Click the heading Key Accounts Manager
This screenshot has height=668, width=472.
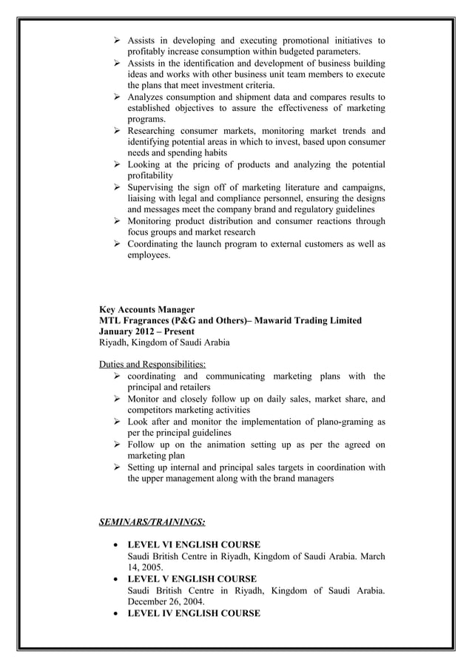[x=146, y=309]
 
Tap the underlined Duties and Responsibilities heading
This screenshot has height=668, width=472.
[x=153, y=365]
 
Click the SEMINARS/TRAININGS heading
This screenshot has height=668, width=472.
[x=152, y=523]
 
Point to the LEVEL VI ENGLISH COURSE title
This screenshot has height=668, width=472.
[x=194, y=545]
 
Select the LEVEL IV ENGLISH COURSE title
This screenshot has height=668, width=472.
[x=194, y=613]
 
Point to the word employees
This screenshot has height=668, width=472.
[x=149, y=255]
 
